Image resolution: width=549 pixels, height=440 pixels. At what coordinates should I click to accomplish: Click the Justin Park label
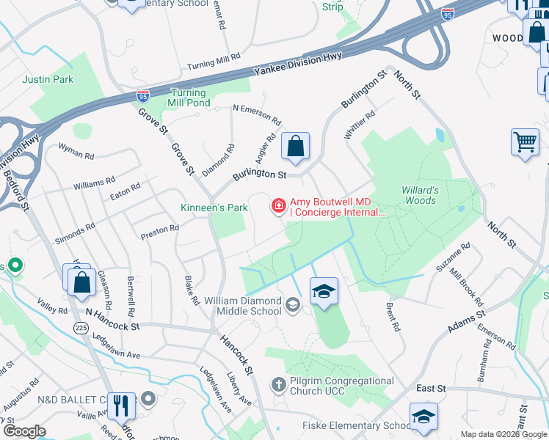pos(48,79)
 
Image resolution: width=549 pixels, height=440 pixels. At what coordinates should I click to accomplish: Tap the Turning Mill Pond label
pos(189,98)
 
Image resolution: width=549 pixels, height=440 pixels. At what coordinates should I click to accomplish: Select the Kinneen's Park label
pos(214,208)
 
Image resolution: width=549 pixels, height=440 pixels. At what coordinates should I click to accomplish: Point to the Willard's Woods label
pos(420,195)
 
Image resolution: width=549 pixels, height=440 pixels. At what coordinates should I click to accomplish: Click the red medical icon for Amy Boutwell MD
pos(279,205)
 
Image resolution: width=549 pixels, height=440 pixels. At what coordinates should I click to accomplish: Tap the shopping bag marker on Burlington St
pos(295,147)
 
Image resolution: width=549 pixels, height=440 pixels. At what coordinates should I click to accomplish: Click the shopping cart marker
pos(525,142)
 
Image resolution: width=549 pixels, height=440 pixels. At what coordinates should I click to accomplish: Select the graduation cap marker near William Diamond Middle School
pos(324,291)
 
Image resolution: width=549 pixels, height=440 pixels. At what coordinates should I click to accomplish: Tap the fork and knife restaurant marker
pos(119,405)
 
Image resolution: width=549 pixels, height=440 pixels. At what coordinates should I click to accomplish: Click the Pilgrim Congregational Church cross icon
pos(278,384)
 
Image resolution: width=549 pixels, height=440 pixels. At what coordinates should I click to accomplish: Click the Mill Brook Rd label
pos(466,287)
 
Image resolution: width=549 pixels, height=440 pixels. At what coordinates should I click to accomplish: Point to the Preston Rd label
pos(160,232)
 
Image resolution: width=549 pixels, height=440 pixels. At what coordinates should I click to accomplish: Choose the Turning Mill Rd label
pos(214,62)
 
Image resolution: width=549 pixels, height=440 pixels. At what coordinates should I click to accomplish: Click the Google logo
pos(23,431)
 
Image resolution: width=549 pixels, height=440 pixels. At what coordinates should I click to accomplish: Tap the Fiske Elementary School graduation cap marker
pos(423,416)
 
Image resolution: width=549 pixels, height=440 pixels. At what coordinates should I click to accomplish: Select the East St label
pos(431,388)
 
